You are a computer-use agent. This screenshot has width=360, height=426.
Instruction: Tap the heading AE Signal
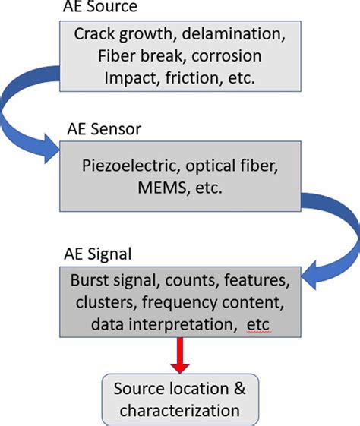point(99,253)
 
